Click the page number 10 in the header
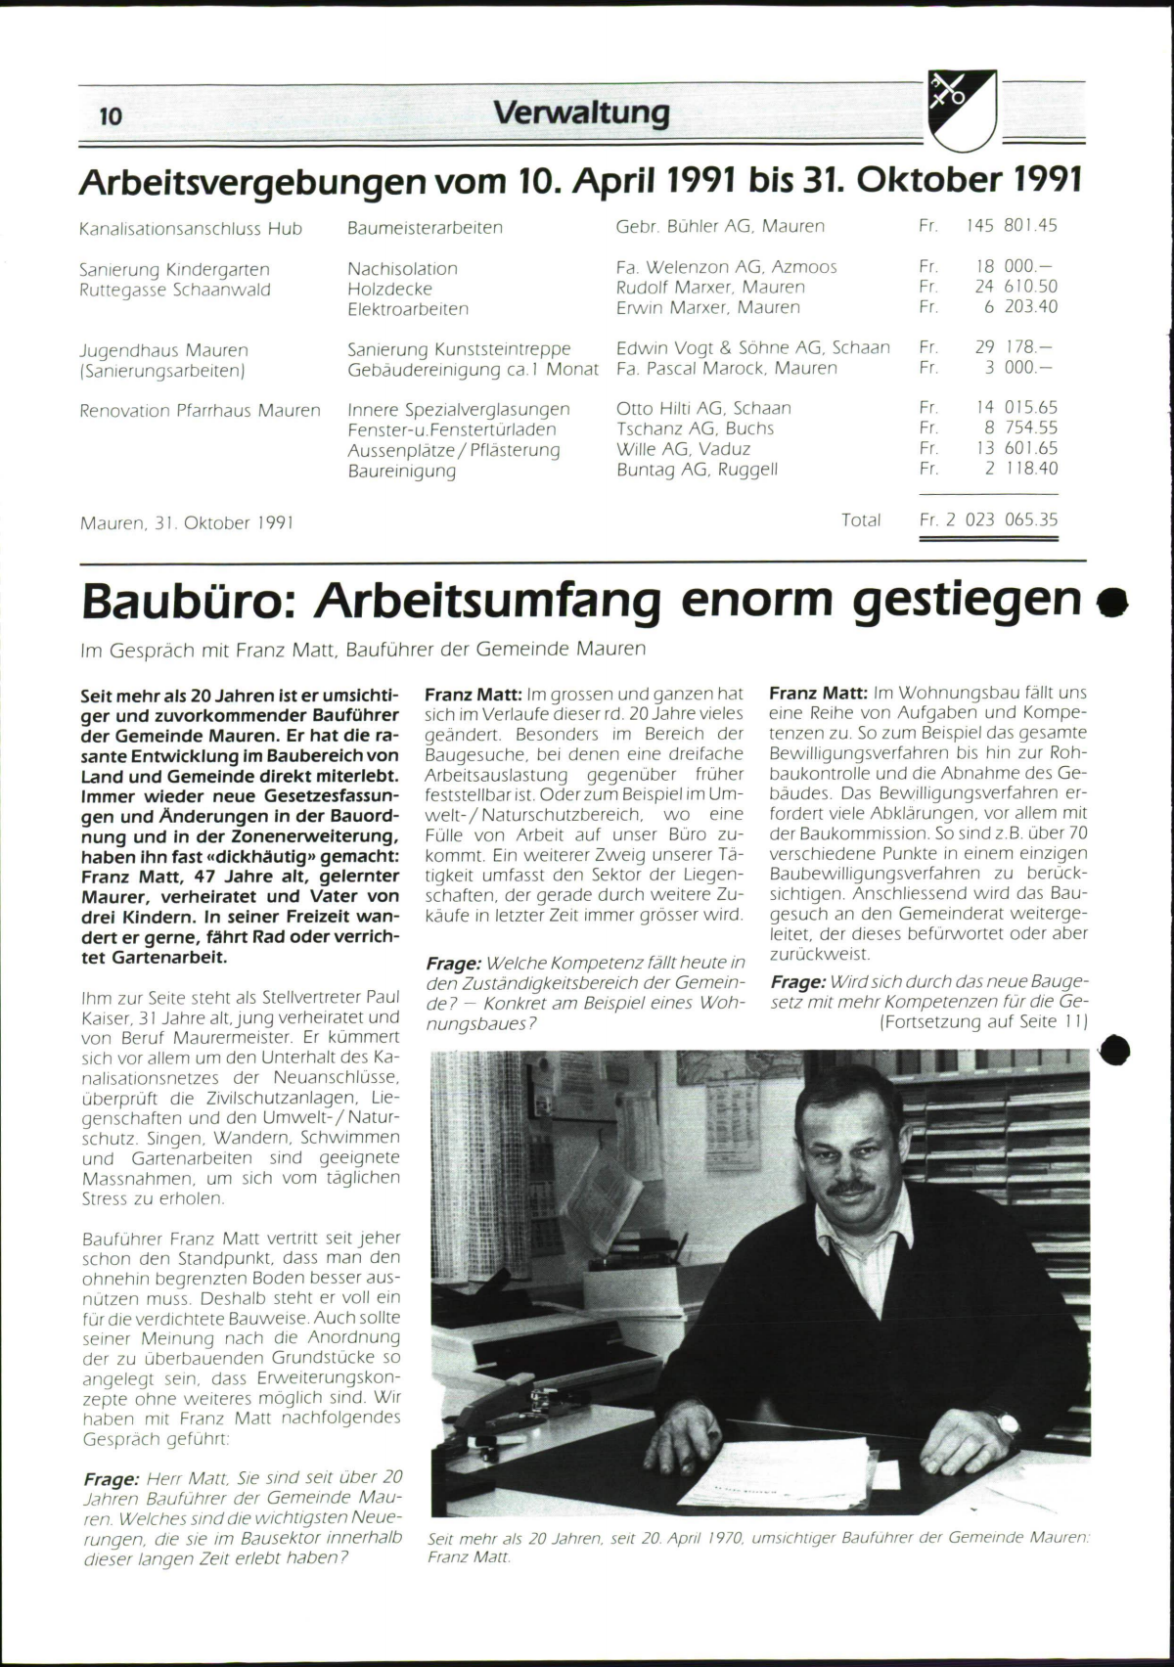111,116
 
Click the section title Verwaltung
581,113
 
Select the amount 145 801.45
1011,226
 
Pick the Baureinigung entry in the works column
401,471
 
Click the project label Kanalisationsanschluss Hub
191,229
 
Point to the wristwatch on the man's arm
1006,1423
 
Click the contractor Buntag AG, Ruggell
697,470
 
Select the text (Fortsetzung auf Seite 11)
983,1021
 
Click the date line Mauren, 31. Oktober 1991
187,522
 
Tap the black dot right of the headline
1112,604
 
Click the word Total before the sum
861,520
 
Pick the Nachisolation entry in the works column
402,268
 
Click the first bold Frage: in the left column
111,1480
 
